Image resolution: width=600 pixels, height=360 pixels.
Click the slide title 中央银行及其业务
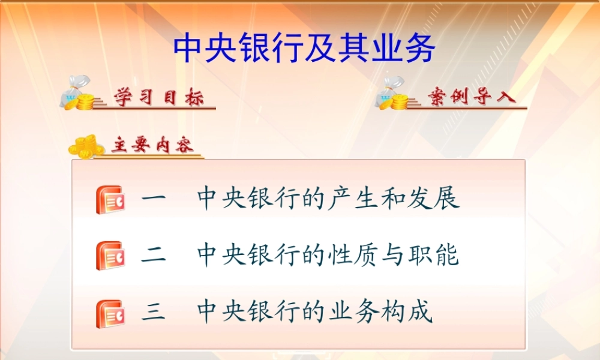[304, 49]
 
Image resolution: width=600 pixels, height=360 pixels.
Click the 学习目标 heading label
[159, 98]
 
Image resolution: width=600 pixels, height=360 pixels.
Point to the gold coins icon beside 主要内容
[84, 146]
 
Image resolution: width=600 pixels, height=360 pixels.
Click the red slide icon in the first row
[110, 200]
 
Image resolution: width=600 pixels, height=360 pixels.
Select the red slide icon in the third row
[110, 313]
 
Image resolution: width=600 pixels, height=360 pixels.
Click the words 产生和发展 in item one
[394, 199]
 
